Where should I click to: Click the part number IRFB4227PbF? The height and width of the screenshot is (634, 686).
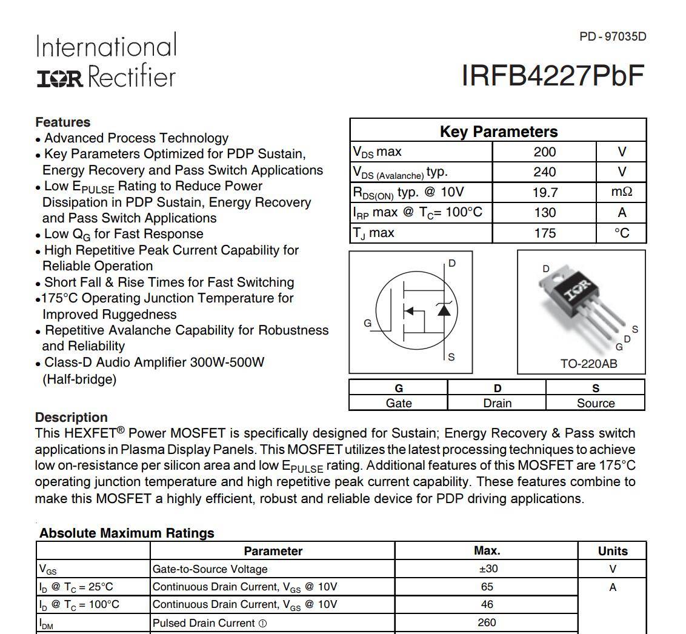coord(553,76)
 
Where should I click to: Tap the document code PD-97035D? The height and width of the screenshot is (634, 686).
coord(613,36)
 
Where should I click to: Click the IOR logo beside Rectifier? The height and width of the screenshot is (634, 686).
coord(60,78)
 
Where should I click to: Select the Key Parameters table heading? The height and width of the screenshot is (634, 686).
coord(498,132)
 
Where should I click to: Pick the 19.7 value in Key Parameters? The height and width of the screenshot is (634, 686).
coord(544,192)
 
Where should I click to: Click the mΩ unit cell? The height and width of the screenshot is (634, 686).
coord(622,192)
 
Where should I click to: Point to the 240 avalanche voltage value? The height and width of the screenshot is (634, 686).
coord(544,172)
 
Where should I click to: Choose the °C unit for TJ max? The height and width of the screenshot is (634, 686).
coord(622,233)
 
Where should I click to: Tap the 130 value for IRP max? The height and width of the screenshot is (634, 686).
coord(544,213)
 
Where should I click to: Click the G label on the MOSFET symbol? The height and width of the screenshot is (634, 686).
coord(367,323)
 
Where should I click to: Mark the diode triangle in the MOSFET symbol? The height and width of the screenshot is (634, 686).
coord(444,310)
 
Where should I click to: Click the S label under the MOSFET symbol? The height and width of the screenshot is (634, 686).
coord(451,357)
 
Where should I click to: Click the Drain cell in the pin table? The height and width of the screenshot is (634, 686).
coord(497,403)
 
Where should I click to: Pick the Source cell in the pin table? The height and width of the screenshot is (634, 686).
coord(595,403)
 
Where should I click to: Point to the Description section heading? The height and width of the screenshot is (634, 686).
coord(72,418)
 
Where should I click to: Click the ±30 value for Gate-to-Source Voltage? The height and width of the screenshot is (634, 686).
coord(487,569)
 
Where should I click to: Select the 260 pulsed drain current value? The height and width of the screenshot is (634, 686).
coord(487,622)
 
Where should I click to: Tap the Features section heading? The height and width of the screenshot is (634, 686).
coord(63,122)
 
